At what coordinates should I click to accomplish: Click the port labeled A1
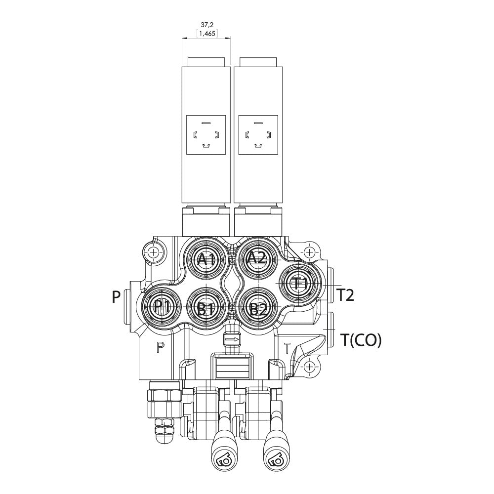(x=205, y=259)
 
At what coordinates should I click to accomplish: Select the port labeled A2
(x=257, y=258)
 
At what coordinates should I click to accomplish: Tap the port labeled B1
(x=205, y=309)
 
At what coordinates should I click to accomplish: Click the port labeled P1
(x=162, y=307)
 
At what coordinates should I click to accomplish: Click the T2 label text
(x=346, y=295)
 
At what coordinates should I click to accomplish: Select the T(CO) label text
(x=361, y=340)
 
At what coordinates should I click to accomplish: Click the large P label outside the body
(x=117, y=297)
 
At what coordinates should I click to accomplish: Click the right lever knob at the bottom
(x=276, y=453)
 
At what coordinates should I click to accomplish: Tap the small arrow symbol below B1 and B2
(x=231, y=340)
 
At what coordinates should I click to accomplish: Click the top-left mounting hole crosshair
(x=153, y=252)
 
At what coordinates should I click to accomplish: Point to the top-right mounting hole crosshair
(x=309, y=252)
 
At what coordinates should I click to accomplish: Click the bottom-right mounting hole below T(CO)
(x=309, y=367)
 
